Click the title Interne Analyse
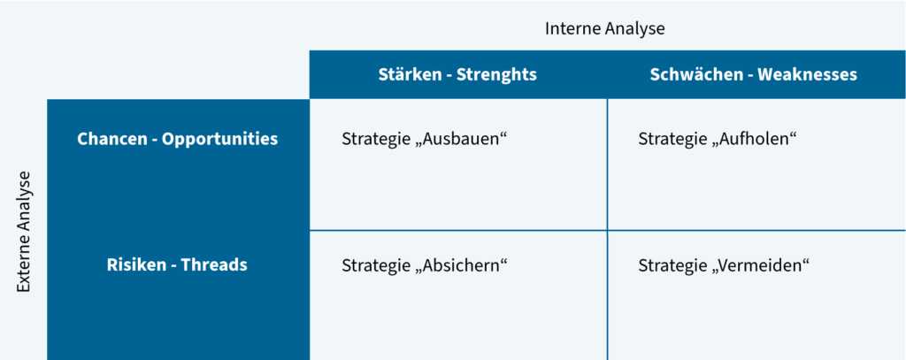coord(604,29)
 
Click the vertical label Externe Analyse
coord(23,232)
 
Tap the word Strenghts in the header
coord(497,74)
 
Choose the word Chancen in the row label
coord(112,139)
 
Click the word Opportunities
coord(220,140)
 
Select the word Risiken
coord(137,264)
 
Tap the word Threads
coord(214,264)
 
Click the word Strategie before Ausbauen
coord(375,140)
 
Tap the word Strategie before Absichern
coord(375,265)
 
